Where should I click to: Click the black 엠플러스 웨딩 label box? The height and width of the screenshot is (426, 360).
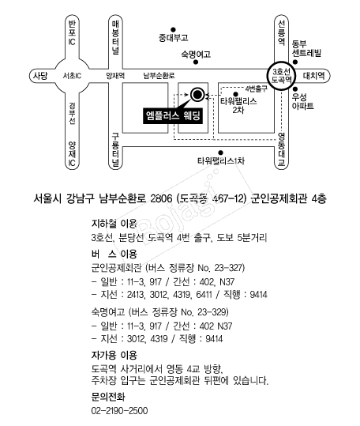173,115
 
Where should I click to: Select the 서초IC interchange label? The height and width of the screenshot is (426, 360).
72,76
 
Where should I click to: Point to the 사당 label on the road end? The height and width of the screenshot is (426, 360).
40,76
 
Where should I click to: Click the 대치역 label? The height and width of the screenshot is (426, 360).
313,76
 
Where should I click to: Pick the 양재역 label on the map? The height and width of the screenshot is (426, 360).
115,76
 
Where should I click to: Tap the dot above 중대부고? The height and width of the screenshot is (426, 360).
173,29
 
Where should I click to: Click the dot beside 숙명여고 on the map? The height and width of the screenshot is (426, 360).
196,62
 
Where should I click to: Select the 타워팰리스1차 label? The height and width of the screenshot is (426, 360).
221,161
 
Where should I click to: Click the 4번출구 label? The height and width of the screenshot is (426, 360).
256,89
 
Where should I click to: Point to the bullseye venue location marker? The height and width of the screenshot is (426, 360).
197,95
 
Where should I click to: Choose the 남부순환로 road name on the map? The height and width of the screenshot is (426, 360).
159,76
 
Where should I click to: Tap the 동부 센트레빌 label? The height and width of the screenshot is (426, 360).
306,48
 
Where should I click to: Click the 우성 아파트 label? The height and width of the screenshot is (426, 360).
302,101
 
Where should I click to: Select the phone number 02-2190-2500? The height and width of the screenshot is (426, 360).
119,410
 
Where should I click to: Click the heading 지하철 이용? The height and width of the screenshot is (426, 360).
114,224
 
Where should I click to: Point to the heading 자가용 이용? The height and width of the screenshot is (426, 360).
114,355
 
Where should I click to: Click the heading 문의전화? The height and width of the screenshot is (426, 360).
108,397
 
